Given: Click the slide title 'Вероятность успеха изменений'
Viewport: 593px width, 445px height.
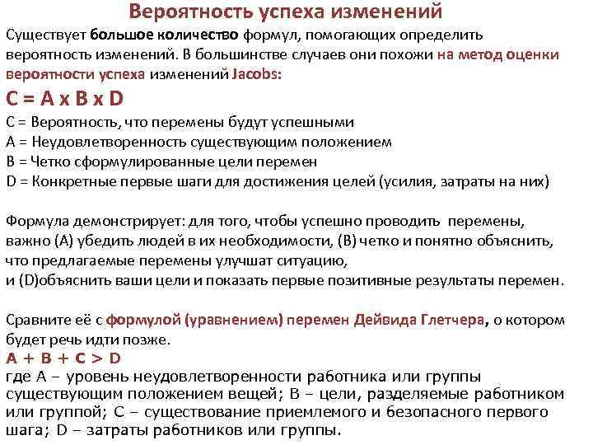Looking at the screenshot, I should coord(285,12).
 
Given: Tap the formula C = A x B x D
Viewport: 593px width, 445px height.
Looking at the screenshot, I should coord(64,98).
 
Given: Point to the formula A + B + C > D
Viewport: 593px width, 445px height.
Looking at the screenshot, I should coord(63,358).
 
